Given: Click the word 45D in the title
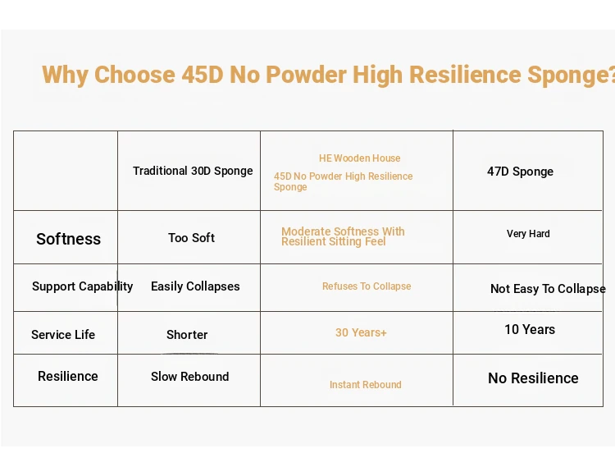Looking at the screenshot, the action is point(203,75).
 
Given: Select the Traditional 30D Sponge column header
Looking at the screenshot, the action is point(193,171).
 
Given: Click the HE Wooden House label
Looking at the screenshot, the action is point(360,158).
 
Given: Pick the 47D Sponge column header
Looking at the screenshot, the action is point(520,172).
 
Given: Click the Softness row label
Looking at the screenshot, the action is point(68,239).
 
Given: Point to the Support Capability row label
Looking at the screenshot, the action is point(82,286).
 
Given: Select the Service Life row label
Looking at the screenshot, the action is point(63,335).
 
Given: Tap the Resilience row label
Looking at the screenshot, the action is point(68,377).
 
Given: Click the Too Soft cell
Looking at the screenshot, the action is point(191,238).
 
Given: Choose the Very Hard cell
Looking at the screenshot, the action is point(528,234).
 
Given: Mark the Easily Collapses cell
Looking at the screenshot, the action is point(195,286).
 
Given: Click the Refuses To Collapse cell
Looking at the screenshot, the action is point(367,286).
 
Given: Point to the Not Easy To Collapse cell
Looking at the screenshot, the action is point(548,289).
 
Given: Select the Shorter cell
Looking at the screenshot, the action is point(187,335).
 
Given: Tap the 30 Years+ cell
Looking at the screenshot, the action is point(361,332).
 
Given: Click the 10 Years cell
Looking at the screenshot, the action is point(530,330).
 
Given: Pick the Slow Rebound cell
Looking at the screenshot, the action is point(190,377).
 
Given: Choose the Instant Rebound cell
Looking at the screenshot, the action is point(366,385).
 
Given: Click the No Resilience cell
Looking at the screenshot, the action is point(533,378).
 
